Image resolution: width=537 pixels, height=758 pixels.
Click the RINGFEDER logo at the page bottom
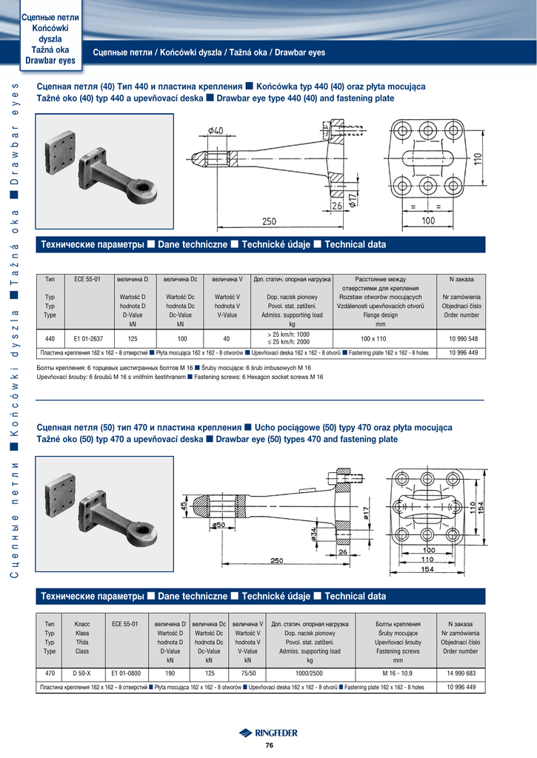(268, 733)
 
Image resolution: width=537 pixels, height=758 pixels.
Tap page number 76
(269, 745)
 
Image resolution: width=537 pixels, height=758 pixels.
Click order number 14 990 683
(461, 673)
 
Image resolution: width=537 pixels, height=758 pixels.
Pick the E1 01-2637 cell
(89, 338)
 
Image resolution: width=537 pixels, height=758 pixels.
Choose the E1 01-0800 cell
(125, 673)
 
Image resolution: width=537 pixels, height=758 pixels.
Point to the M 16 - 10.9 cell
(398, 673)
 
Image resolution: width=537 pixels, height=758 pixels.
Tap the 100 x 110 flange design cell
(380, 338)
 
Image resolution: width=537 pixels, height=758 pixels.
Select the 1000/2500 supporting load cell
(310, 673)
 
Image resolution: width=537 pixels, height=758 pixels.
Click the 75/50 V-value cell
(247, 673)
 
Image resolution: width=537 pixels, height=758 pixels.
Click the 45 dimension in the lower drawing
(184, 507)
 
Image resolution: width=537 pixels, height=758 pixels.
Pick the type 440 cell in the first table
(50, 338)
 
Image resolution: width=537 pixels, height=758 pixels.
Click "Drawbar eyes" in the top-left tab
(50, 60)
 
